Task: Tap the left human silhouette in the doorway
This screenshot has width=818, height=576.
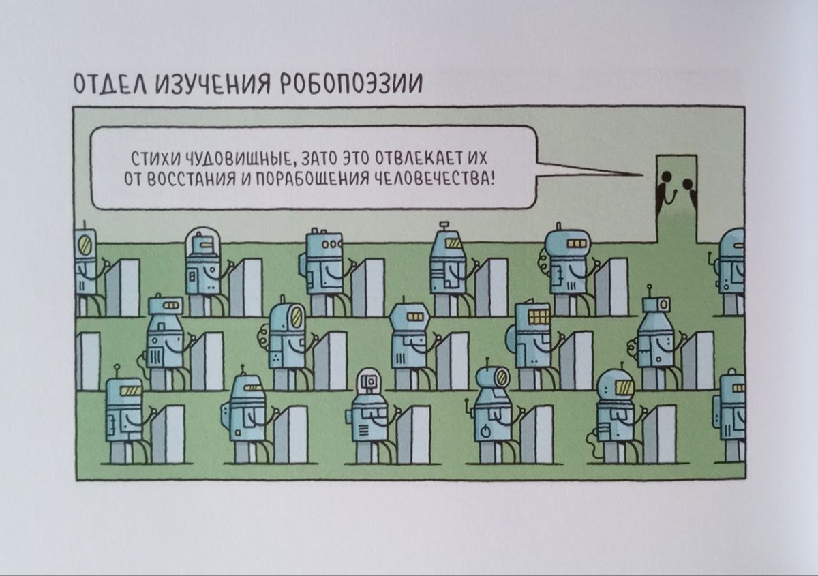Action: click(x=663, y=187)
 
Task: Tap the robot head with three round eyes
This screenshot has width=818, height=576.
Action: click(x=324, y=244)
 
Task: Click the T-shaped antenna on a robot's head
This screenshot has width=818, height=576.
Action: click(x=444, y=225)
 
